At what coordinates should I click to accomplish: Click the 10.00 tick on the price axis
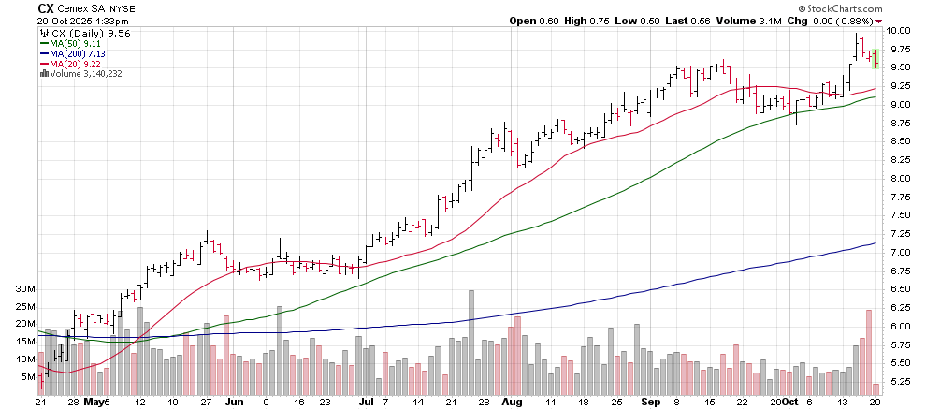click(898, 31)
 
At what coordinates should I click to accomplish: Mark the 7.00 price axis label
click(898, 253)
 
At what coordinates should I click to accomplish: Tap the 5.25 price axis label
click(898, 382)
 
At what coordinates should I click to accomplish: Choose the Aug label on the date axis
click(511, 401)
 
